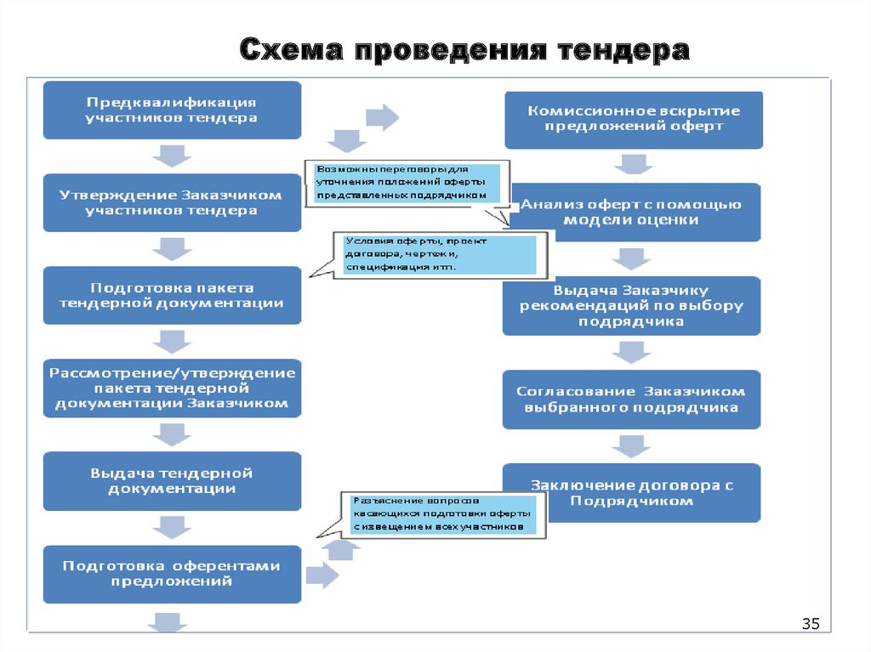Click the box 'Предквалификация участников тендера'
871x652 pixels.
pos(172,110)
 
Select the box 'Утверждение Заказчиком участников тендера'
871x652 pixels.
pos(172,202)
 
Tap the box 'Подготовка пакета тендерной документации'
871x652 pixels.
pos(172,295)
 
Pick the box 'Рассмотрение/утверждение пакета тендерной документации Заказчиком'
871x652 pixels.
pos(172,388)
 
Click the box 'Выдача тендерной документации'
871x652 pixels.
pos(172,480)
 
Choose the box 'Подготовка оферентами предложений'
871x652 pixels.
pos(172,574)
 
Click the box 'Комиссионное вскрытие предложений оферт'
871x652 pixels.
pos(633,119)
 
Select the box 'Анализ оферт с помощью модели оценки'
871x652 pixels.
pos(633,212)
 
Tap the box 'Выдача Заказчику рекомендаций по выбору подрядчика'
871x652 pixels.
pos(633,305)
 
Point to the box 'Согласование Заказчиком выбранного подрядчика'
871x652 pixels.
pos(633,399)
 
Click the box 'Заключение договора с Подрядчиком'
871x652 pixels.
pos(633,492)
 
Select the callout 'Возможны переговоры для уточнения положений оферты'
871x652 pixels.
pos(406,182)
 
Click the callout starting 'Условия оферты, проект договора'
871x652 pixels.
pos(438,254)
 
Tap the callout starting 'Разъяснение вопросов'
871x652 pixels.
pos(442,514)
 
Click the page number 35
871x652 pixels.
pos(810,626)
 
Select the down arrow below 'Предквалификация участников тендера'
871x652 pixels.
pos(171,156)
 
